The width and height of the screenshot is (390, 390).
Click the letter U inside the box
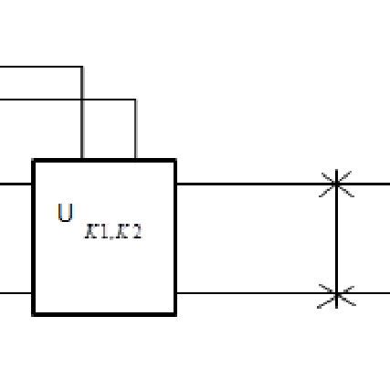click(65, 215)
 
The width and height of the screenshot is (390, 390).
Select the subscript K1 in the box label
click(98, 233)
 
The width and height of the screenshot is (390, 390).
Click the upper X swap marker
click(337, 184)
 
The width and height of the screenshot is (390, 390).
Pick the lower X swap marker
click(337, 294)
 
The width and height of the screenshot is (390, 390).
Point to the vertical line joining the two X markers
click(337, 239)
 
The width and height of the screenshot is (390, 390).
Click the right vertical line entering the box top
click(135, 132)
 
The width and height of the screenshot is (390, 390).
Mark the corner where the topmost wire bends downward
click(82, 67)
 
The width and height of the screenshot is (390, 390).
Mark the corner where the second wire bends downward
click(135, 100)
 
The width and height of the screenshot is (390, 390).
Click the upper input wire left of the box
click(16, 184)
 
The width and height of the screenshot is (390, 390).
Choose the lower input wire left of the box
click(16, 294)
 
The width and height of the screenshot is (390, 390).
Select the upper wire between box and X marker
click(247, 184)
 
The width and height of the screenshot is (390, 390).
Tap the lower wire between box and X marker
click(247, 294)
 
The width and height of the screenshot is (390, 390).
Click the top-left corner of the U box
click(34, 161)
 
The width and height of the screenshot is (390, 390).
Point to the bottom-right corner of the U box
click(174, 314)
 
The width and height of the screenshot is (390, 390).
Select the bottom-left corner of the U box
click(34, 314)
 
